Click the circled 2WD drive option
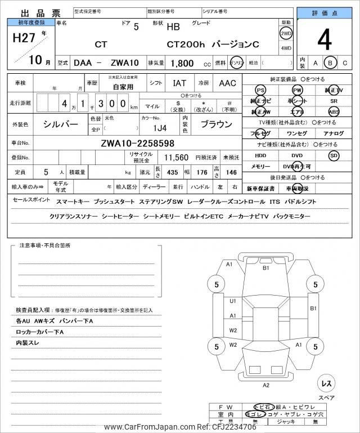[x=286, y=33]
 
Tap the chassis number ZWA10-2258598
[x=137, y=143]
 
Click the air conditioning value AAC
[x=228, y=83]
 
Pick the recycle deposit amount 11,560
[x=176, y=158]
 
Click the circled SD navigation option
[x=334, y=155]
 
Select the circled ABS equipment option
[x=334, y=111]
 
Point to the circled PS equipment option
[x=260, y=90]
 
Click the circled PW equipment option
[x=297, y=90]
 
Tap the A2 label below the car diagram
[x=266, y=385]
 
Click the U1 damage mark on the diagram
[x=233, y=301]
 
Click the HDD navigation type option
[x=260, y=155]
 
